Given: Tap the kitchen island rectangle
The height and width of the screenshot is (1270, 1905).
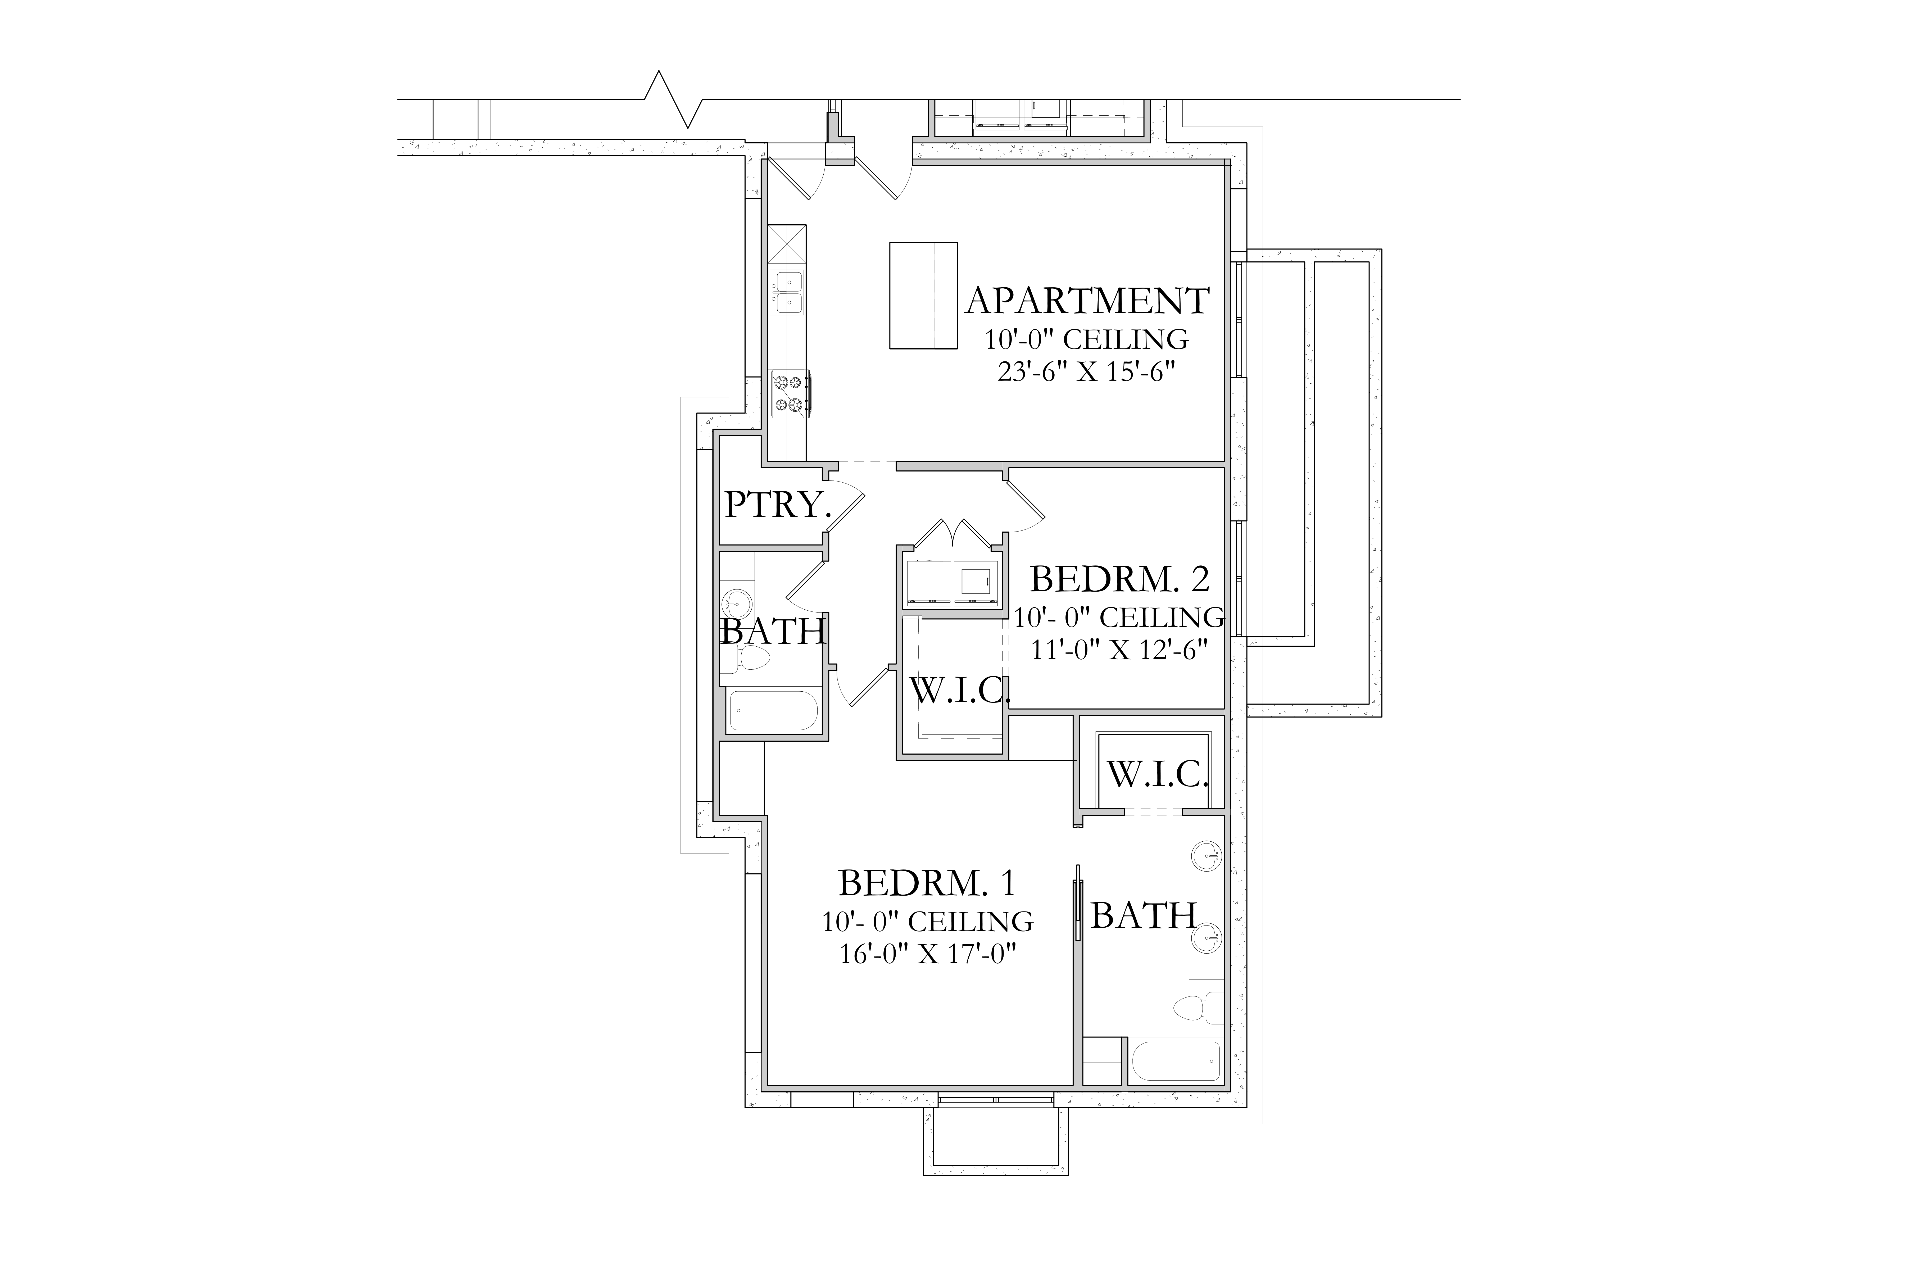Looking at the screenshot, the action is coord(923,296).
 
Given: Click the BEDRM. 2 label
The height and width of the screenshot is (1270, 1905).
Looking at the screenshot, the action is coord(1120,579).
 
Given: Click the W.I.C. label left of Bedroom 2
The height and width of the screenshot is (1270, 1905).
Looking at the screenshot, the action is coord(961,690).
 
